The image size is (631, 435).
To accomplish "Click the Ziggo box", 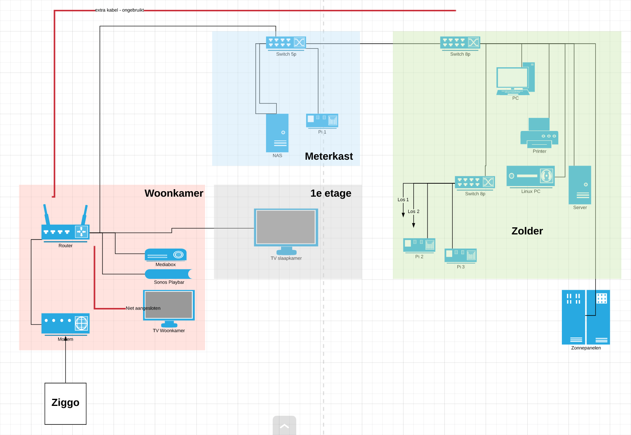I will [x=65, y=404].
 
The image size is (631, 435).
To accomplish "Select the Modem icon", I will [x=65, y=323].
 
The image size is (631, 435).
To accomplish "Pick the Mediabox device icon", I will [x=165, y=255].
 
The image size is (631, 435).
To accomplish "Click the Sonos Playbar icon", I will [x=169, y=274].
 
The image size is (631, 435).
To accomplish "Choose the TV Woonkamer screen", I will [x=169, y=306].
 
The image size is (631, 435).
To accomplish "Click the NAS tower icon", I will [x=277, y=133].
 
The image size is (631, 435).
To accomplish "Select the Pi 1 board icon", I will [x=322, y=120].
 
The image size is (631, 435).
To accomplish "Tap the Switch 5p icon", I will [x=286, y=42].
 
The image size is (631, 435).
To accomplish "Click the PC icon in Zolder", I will [x=515, y=79].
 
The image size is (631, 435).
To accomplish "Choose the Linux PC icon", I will [x=530, y=176].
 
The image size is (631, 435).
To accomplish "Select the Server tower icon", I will [x=580, y=185].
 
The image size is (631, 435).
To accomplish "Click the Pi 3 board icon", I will [x=460, y=255].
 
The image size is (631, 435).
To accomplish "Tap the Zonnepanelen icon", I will [x=585, y=317].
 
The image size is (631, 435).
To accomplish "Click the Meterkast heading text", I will [x=329, y=157].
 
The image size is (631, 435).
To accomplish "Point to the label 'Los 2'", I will [x=413, y=212].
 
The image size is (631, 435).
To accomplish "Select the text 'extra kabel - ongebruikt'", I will [x=119, y=10].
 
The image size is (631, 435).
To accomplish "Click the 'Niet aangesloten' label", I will [x=143, y=308].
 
